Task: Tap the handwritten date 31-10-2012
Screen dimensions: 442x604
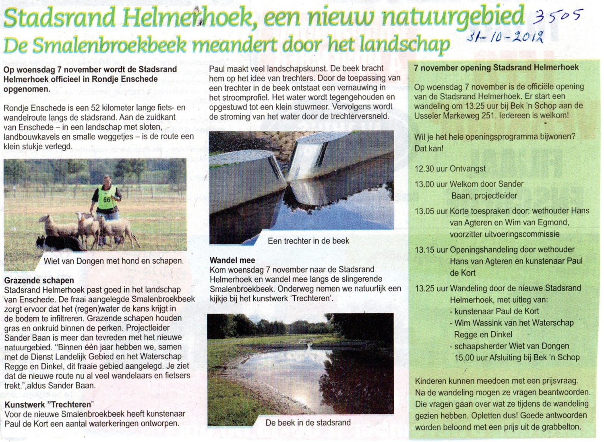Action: (x=505, y=38)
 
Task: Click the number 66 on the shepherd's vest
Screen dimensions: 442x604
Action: (x=107, y=200)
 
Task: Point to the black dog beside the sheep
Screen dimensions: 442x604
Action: (x=60, y=242)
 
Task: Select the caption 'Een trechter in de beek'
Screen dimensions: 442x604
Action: (x=308, y=241)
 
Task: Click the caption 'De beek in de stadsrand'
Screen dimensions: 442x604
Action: (x=308, y=423)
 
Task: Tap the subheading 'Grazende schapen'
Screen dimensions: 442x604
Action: (x=39, y=281)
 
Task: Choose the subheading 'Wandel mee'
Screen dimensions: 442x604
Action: (x=232, y=260)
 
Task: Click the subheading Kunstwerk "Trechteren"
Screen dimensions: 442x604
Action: (x=49, y=405)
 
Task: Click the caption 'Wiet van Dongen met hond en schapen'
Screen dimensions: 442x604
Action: (x=113, y=261)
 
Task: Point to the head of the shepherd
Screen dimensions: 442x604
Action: (x=107, y=180)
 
